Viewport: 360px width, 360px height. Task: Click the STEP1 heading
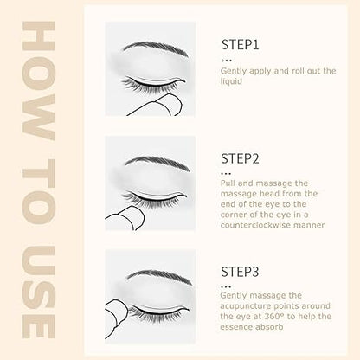click(x=240, y=45)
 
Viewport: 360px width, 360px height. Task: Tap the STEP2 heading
click(x=240, y=158)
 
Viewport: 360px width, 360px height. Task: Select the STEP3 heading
click(x=240, y=272)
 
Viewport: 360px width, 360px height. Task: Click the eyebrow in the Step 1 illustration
click(x=156, y=48)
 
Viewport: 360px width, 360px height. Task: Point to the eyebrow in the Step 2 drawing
click(x=157, y=163)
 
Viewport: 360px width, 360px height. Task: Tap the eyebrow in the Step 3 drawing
click(x=159, y=276)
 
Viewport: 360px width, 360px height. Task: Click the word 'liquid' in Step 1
click(x=231, y=81)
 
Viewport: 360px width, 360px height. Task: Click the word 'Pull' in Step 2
click(x=228, y=183)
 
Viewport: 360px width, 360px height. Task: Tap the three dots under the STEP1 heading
click(x=227, y=61)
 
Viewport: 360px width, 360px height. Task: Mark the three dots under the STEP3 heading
click(x=227, y=287)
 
